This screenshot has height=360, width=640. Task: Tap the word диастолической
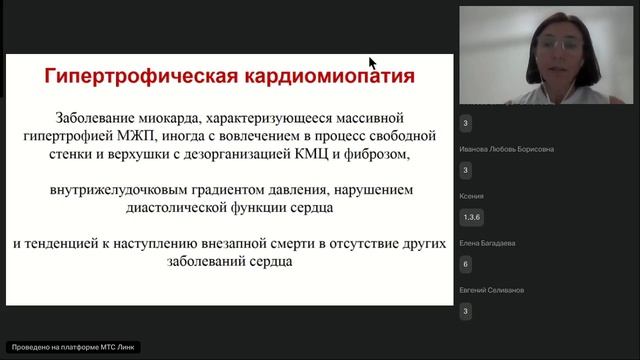(x=200, y=208)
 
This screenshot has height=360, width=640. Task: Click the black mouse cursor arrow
(x=373, y=64)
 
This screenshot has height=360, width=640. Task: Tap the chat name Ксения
(x=473, y=196)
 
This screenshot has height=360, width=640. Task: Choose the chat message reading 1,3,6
(x=471, y=217)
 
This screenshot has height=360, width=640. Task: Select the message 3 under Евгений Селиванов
(x=465, y=312)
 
